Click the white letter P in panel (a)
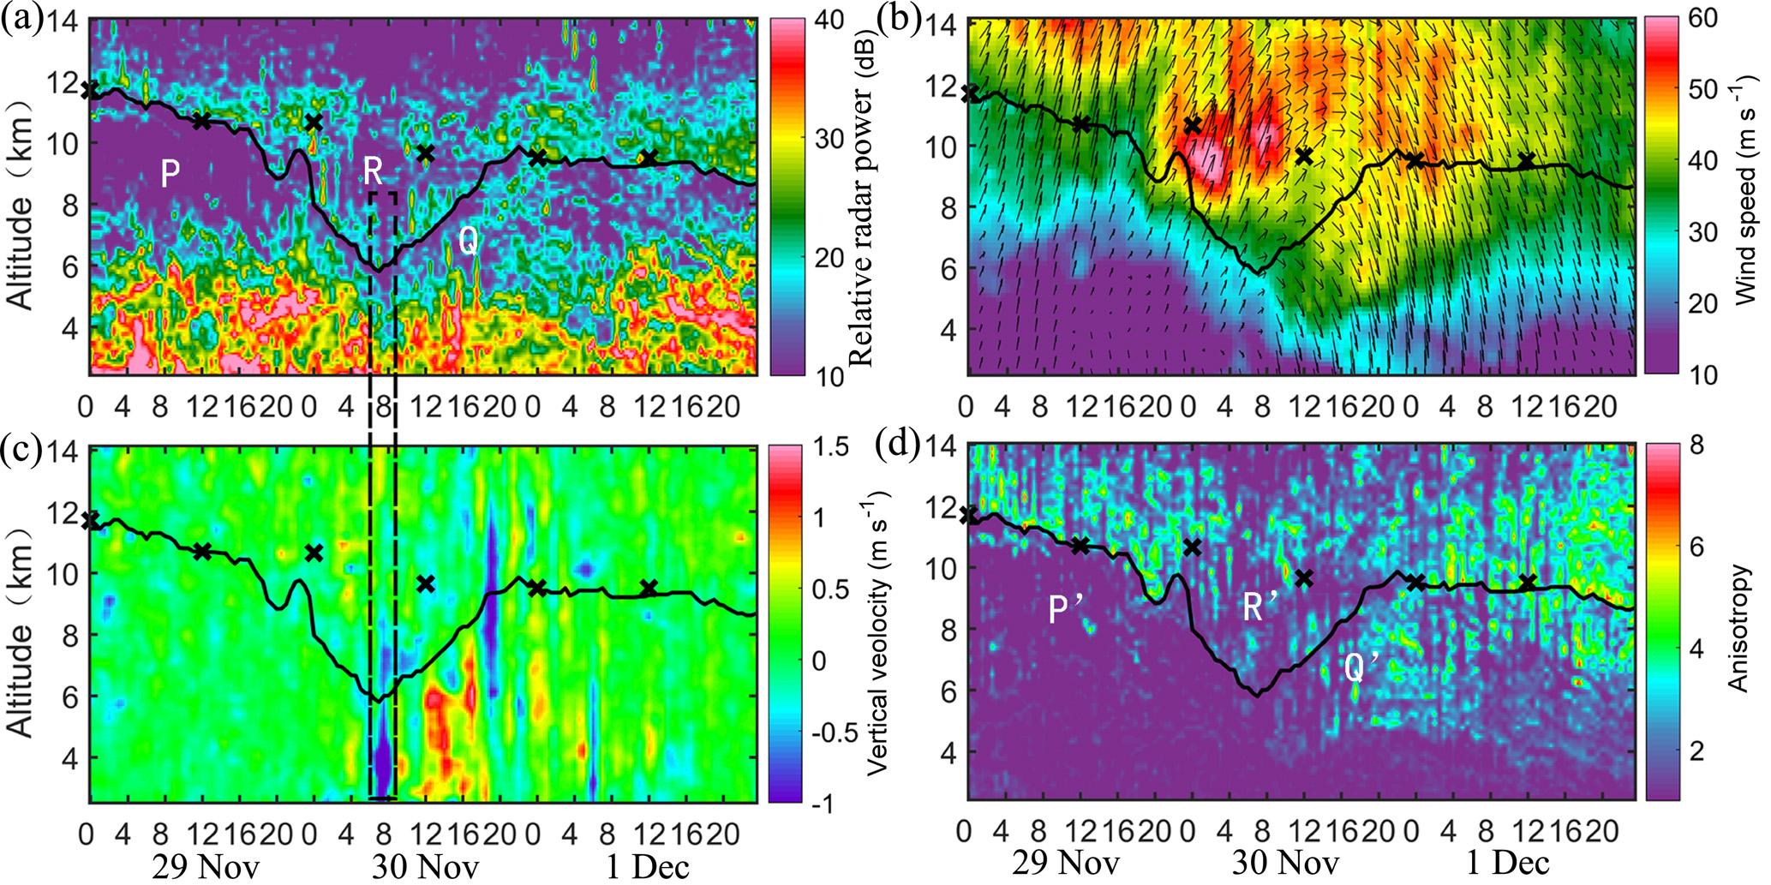coord(171,175)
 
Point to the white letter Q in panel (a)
coord(468,241)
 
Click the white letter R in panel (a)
coord(373,171)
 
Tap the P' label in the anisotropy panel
coord(1066,608)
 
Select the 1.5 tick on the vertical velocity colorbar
coord(831,447)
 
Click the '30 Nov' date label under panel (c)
coord(425,866)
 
